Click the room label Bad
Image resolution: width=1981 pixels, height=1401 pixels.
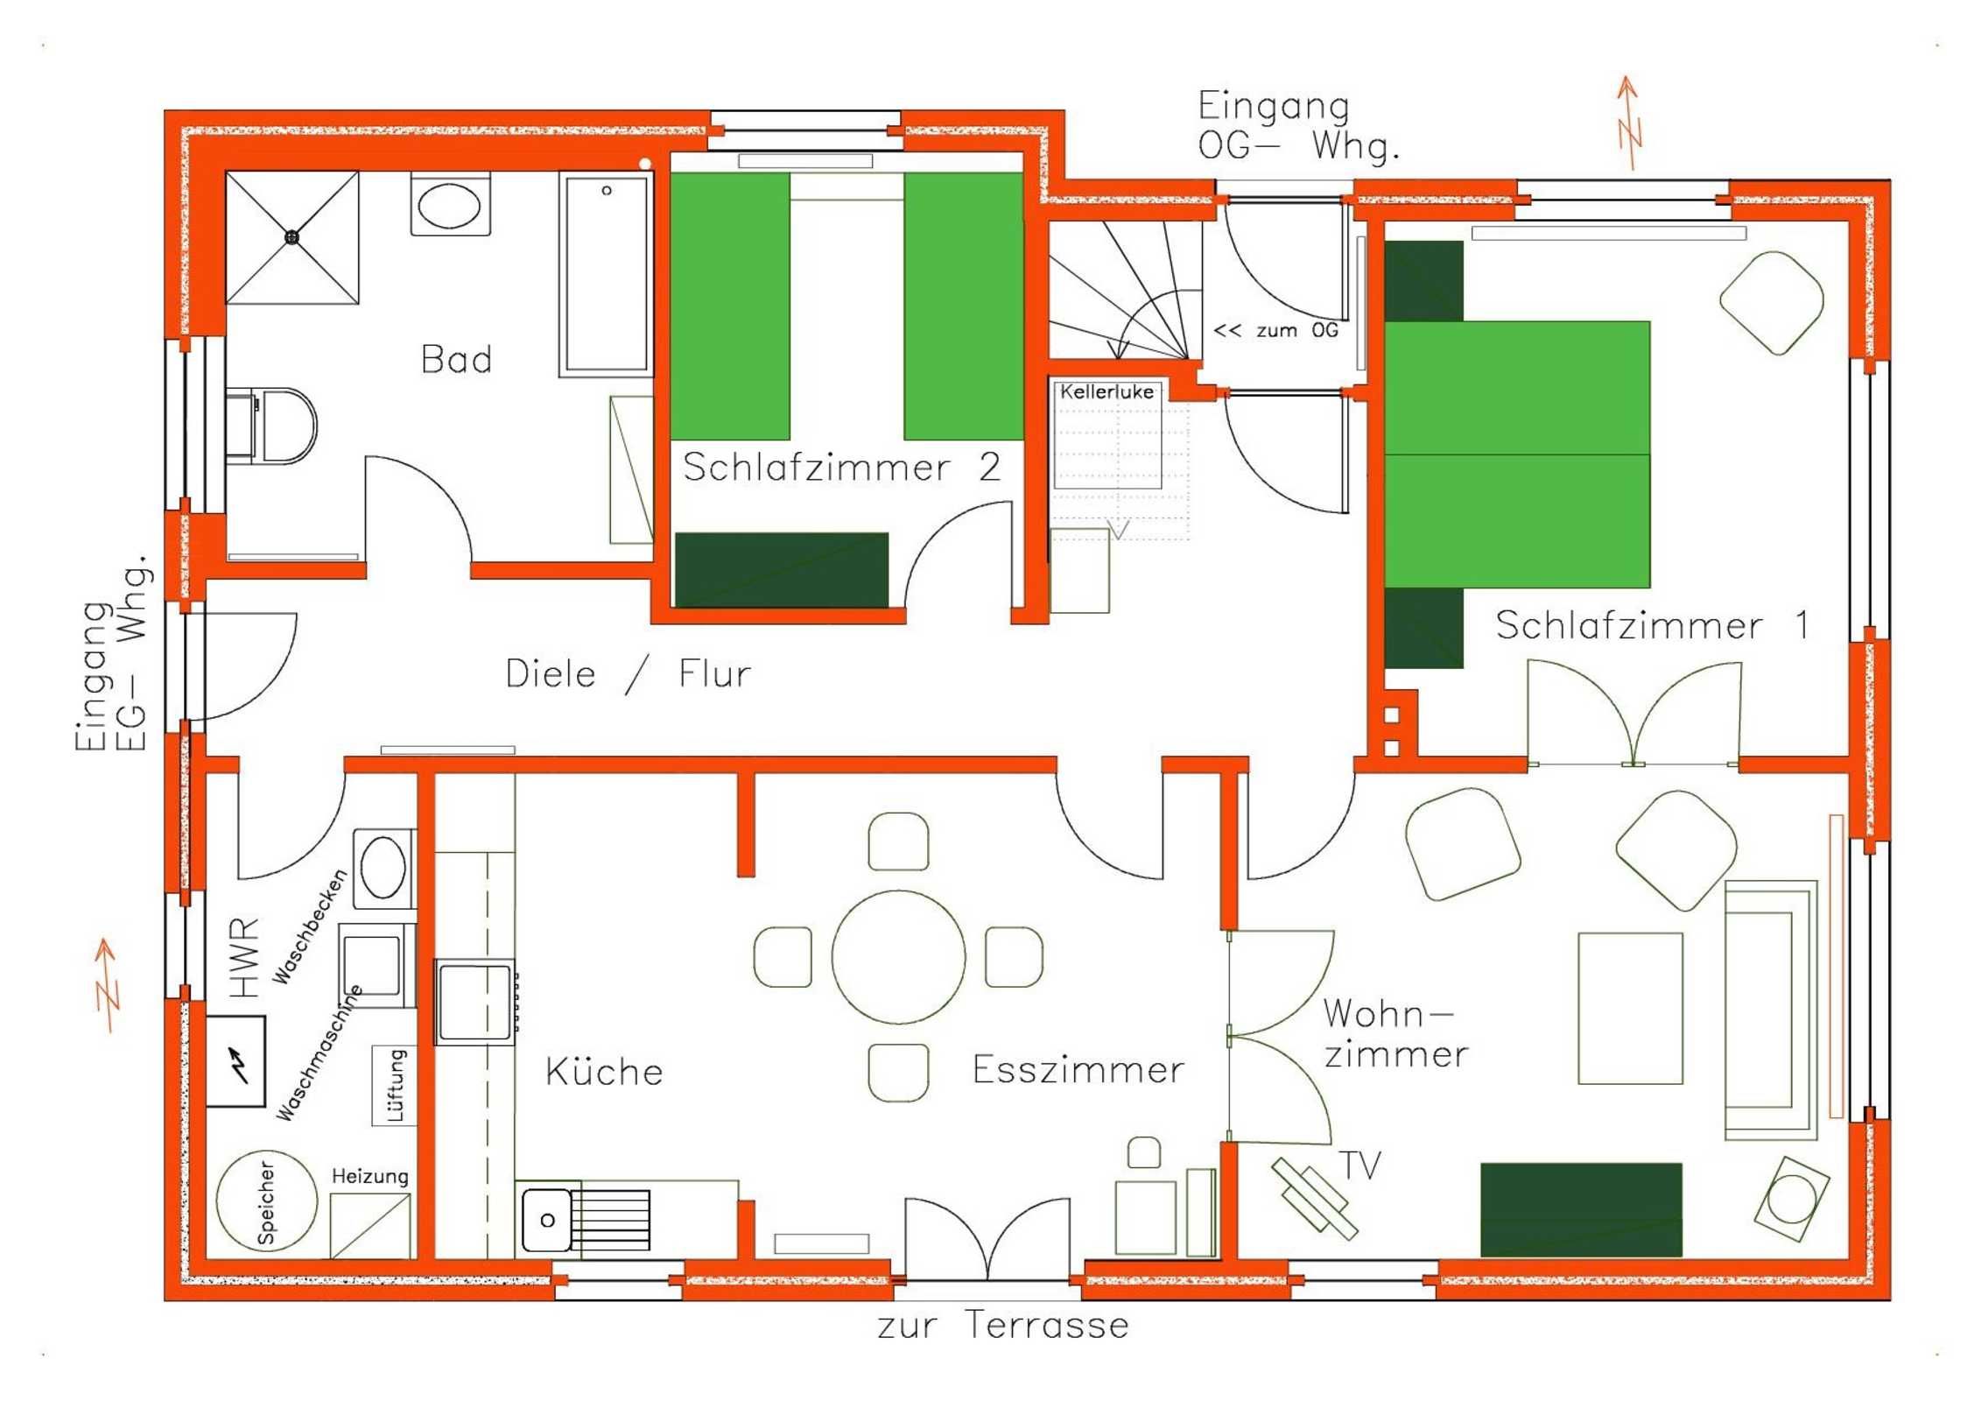(x=456, y=359)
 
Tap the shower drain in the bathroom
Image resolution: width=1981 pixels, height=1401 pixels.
(x=292, y=236)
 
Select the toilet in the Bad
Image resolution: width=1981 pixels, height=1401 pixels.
(x=271, y=426)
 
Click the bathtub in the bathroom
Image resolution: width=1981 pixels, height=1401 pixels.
(x=606, y=274)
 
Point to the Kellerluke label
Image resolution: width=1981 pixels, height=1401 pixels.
(x=1106, y=391)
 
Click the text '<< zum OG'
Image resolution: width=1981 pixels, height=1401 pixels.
(x=1275, y=330)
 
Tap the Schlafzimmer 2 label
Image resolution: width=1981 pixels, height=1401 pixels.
(x=841, y=467)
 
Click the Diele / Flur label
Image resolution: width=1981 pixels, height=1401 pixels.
(x=629, y=673)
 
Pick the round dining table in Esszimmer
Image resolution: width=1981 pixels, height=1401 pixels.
(x=898, y=957)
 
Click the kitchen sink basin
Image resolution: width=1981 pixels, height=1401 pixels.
(x=548, y=1220)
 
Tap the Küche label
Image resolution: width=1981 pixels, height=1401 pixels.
(x=604, y=1071)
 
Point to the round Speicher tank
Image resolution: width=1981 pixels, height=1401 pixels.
(x=267, y=1200)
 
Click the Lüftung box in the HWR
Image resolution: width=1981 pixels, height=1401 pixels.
(x=395, y=1086)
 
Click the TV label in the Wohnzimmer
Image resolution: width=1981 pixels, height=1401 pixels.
(x=1361, y=1165)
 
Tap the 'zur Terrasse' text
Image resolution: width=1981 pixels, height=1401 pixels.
(x=1003, y=1325)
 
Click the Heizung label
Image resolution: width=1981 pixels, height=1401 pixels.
(x=369, y=1177)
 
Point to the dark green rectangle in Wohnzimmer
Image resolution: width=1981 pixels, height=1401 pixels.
(x=1581, y=1209)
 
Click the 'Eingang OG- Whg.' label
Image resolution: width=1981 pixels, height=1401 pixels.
(x=1298, y=126)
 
